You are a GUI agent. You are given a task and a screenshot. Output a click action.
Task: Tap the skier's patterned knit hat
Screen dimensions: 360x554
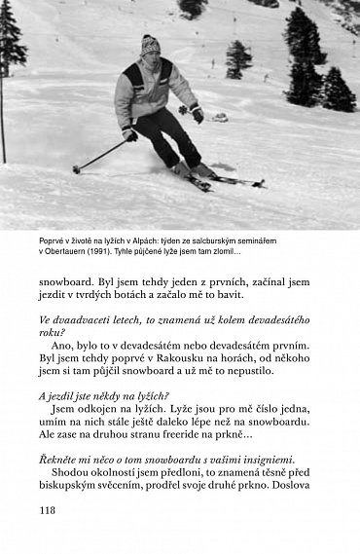tap(149, 45)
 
